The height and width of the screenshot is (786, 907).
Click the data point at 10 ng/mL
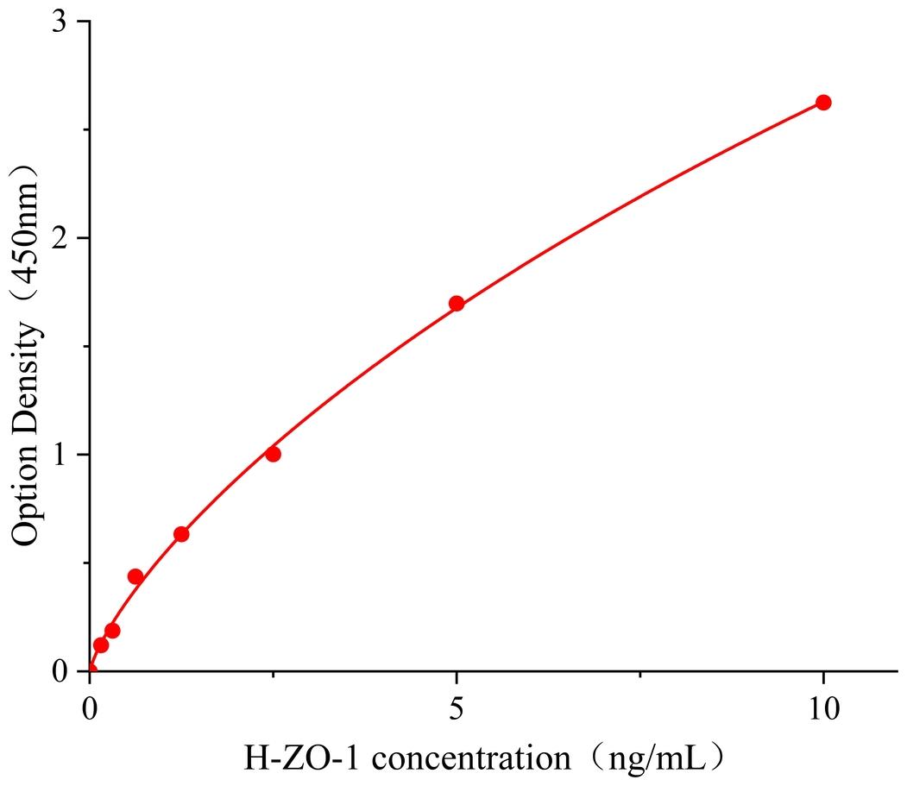(823, 103)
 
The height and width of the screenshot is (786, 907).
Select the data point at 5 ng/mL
(457, 303)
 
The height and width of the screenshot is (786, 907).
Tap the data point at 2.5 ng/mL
(274, 454)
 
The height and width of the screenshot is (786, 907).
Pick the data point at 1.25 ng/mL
(181, 534)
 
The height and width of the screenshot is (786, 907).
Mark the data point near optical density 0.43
(135, 576)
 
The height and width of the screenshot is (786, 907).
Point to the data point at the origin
(91, 670)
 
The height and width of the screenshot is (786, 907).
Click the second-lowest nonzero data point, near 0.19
(112, 631)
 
